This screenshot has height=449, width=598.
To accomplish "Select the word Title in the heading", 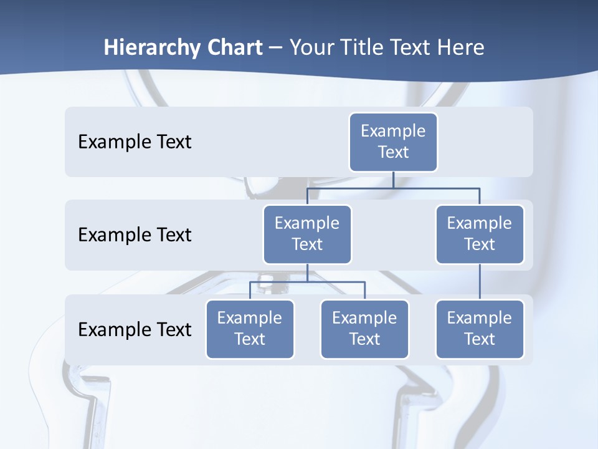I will tap(360, 47).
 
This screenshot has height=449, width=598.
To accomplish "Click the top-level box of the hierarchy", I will tap(393, 142).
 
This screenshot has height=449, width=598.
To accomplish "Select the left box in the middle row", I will tap(307, 234).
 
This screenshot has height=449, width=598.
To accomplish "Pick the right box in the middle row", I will tap(480, 234).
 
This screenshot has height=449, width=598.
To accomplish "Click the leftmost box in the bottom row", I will tap(250, 329).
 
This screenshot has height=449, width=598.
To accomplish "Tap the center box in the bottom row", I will tap(364, 329).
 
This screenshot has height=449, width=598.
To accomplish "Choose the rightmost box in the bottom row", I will tap(480, 329).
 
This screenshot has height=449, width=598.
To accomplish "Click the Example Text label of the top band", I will tap(135, 142).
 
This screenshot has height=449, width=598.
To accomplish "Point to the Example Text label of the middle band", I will tap(135, 235).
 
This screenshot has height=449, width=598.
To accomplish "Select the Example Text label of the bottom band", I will tap(135, 329).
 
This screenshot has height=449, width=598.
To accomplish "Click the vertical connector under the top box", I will tap(393, 180).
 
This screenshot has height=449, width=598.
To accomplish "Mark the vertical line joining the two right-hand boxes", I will tap(480, 282).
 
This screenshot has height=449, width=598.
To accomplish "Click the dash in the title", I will tap(275, 47).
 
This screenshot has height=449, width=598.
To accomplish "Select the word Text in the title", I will tap(410, 47).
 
